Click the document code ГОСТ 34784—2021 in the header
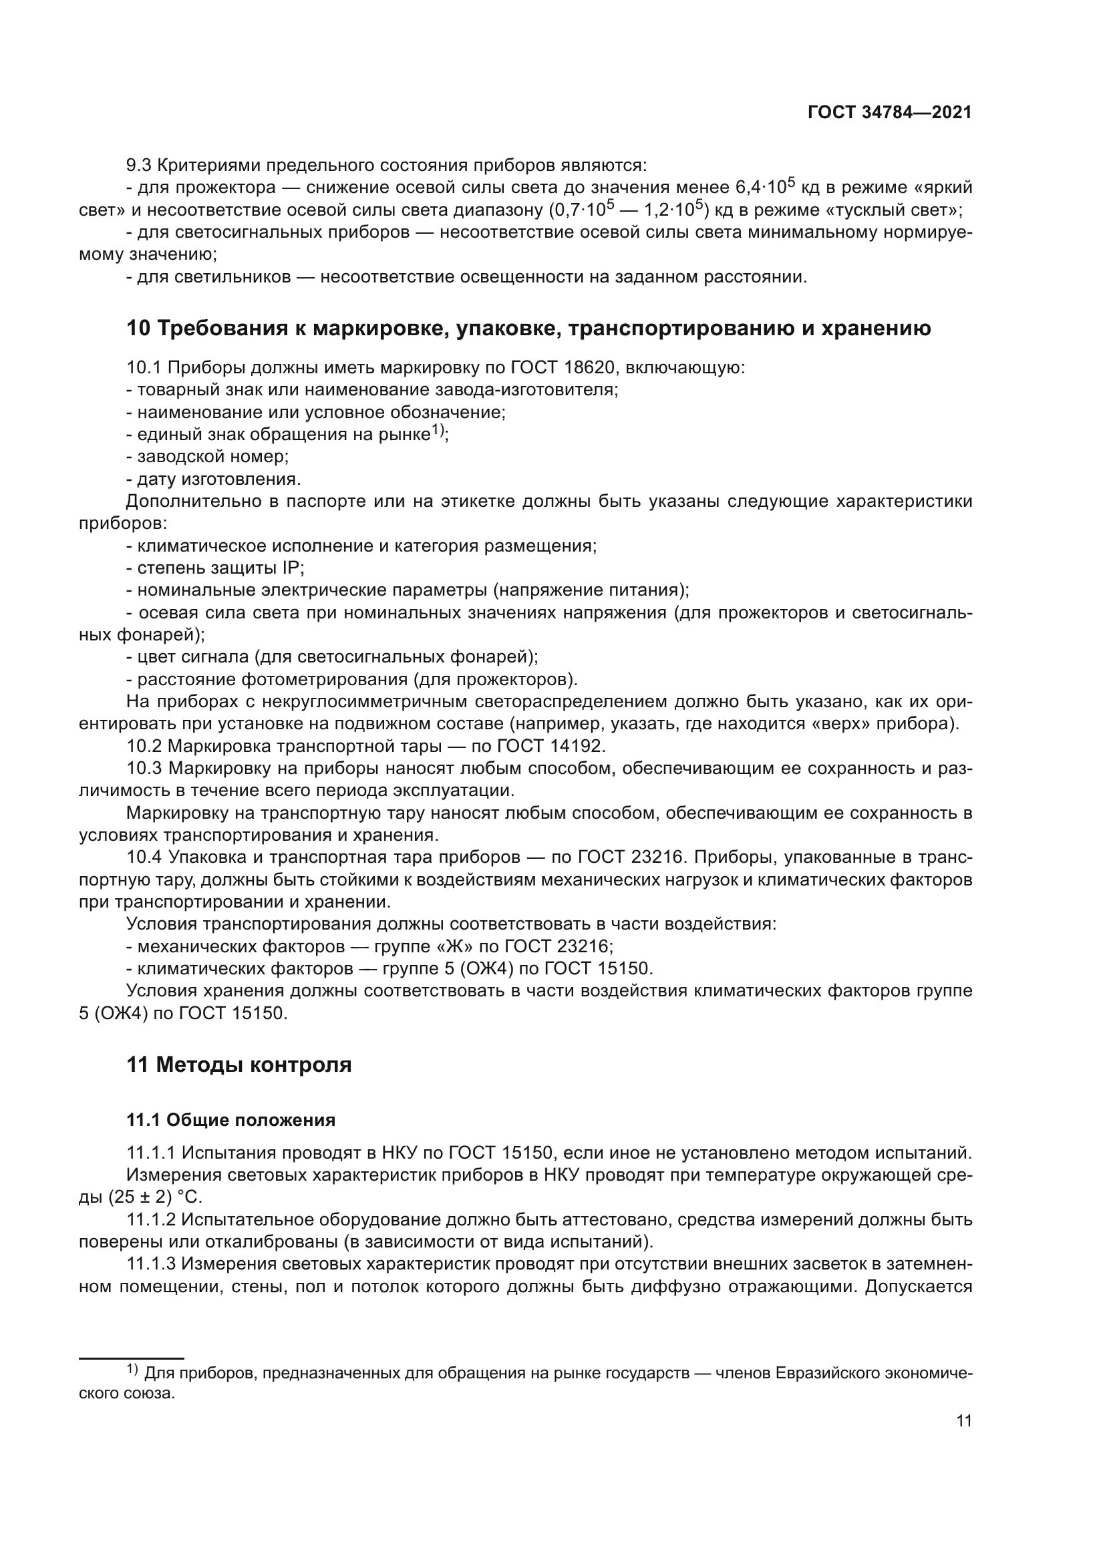(889, 113)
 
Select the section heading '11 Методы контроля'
(239, 1064)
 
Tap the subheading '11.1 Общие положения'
(230, 1121)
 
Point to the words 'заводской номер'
(213, 457)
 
